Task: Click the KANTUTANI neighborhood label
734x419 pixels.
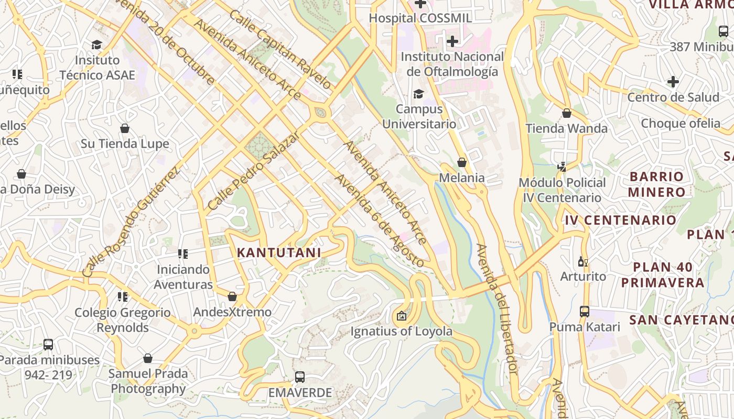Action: tap(278, 252)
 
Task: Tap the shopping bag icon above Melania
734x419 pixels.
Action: tap(462, 162)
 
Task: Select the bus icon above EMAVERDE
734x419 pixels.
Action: tap(300, 377)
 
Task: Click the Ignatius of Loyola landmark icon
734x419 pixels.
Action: tap(401, 316)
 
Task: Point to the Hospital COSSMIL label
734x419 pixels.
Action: tap(420, 18)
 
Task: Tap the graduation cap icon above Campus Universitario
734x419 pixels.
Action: tap(418, 94)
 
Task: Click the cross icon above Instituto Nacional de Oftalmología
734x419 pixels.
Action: tap(452, 41)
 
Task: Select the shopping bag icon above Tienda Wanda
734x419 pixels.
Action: tap(566, 113)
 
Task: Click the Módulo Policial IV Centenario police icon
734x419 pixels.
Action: tap(562, 167)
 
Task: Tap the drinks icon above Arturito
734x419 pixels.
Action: tap(582, 261)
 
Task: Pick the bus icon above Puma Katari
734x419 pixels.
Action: tap(585, 312)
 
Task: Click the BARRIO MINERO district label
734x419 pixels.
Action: tap(657, 184)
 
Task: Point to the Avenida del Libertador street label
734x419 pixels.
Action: tap(497, 309)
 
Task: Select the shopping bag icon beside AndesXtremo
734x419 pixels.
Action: tap(232, 297)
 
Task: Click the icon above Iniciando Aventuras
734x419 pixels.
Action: tap(183, 254)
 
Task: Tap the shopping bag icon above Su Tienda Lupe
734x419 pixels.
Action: tap(125, 128)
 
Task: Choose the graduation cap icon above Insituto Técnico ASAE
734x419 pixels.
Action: tap(96, 45)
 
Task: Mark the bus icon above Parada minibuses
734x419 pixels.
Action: tap(48, 345)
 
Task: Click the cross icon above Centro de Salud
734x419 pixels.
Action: tap(673, 82)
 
